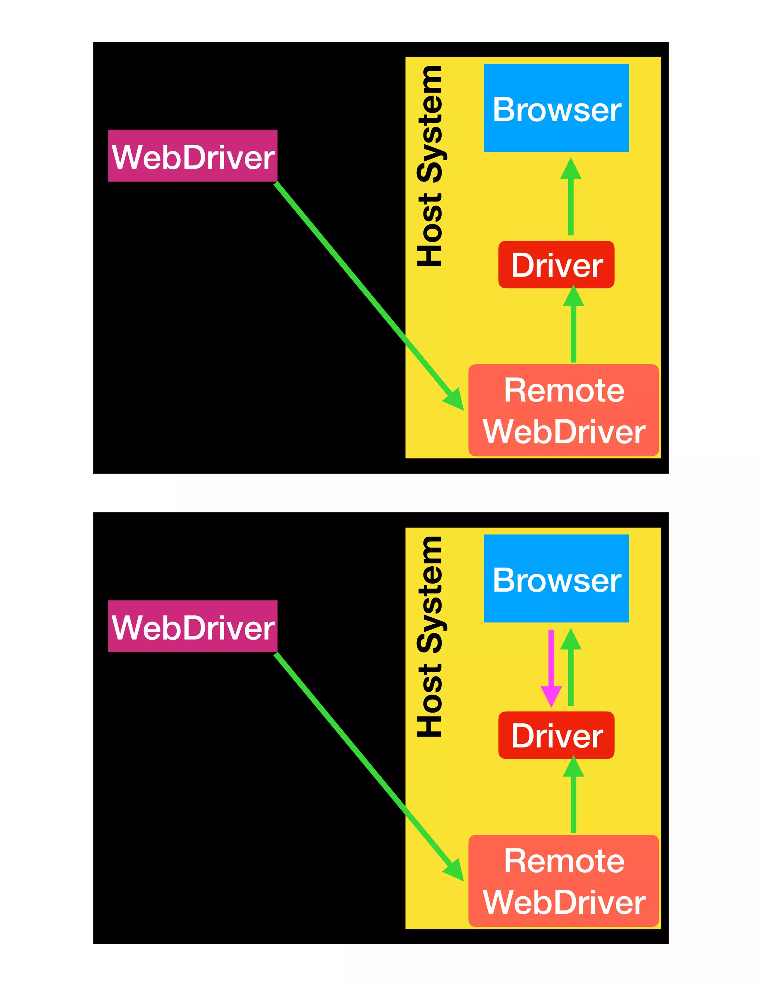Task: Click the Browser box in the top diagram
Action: pos(556,108)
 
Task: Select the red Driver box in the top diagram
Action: pos(556,265)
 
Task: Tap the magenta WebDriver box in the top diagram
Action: pos(193,156)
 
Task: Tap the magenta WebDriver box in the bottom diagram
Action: pos(193,626)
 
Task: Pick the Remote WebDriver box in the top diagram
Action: pos(563,410)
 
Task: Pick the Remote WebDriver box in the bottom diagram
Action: pos(563,881)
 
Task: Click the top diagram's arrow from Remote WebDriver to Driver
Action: pos(573,330)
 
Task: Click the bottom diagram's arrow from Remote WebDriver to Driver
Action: pos(573,800)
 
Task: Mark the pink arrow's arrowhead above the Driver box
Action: pos(551,696)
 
